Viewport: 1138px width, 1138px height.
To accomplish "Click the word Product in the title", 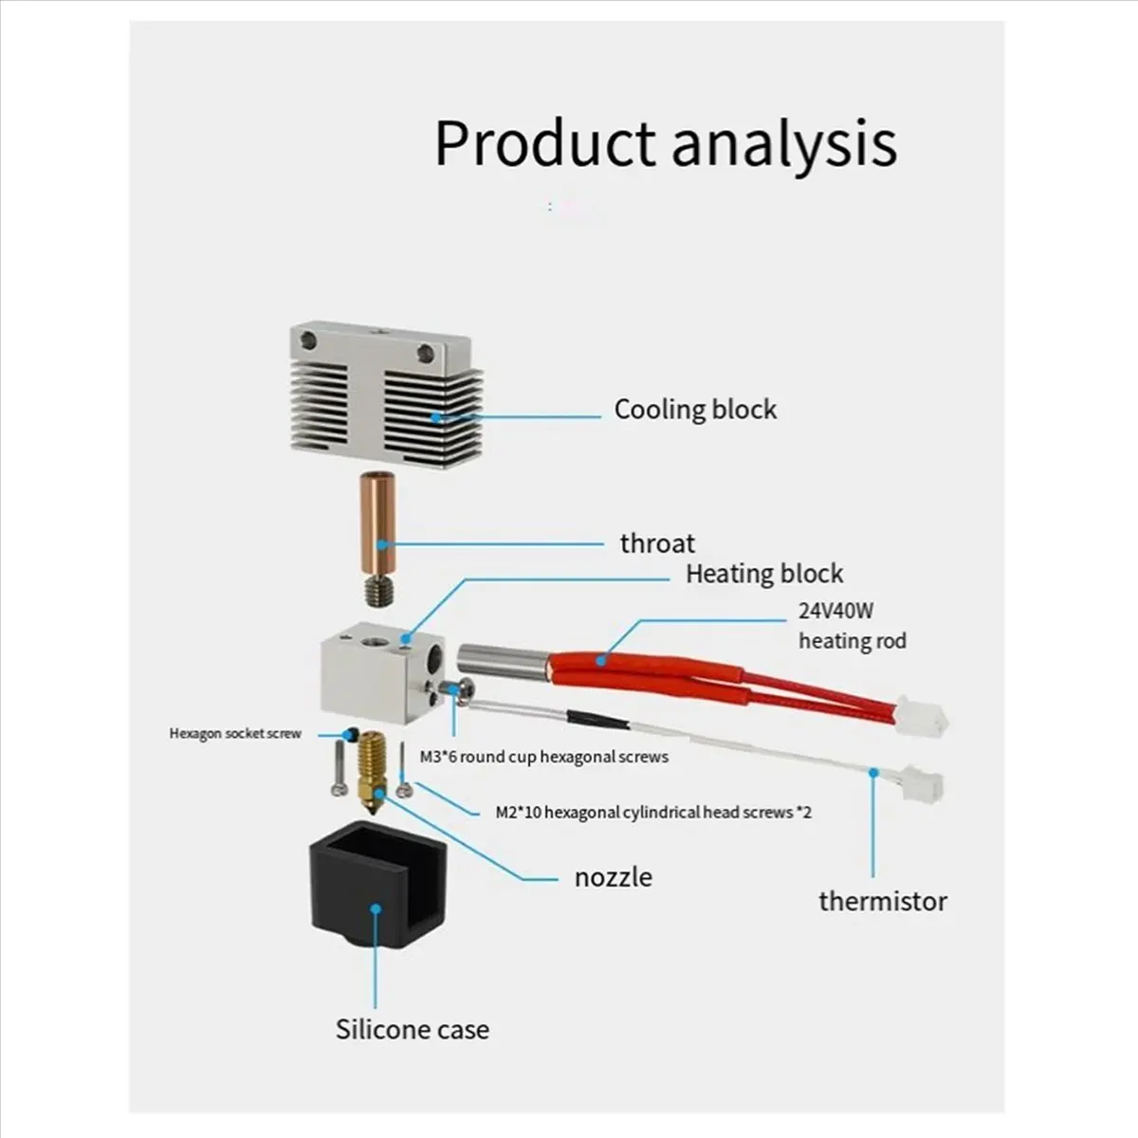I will (545, 142).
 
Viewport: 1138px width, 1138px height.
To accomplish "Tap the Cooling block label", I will (695, 410).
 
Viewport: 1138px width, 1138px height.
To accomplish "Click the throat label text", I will (657, 543).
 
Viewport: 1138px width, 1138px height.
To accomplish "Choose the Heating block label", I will (763, 574).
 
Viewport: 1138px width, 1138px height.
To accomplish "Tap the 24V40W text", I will (835, 612).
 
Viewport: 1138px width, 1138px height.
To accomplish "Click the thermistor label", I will (882, 901).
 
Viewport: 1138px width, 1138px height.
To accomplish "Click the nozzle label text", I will (614, 877).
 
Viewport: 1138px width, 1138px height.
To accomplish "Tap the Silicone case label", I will (413, 1030).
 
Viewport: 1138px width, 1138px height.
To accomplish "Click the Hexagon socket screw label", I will (235, 733).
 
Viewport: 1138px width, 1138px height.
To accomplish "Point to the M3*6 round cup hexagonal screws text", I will (544, 757).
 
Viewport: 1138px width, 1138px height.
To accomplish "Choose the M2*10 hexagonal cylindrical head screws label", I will (653, 812).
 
